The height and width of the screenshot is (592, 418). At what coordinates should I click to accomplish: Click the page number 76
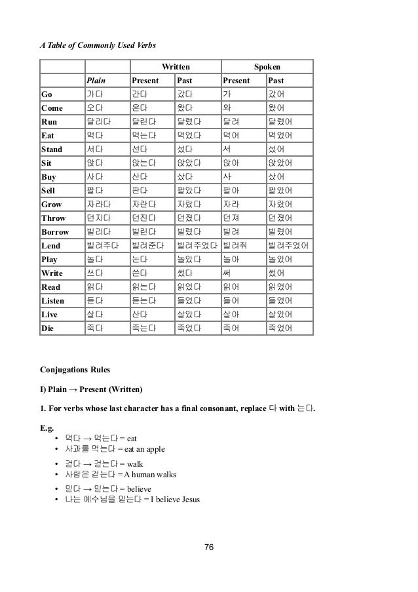click(x=210, y=548)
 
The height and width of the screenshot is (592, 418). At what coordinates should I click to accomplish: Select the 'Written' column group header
click(x=176, y=67)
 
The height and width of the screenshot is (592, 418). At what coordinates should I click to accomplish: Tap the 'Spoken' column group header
click(x=267, y=67)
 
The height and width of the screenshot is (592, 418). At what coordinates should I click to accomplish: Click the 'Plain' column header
click(x=96, y=81)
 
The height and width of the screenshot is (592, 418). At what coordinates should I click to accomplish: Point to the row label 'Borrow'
click(x=55, y=232)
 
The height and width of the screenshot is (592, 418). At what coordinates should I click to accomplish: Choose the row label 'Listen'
click(x=54, y=300)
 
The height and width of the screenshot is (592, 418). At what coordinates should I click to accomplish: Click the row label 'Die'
click(x=48, y=328)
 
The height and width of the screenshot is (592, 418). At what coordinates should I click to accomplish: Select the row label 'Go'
click(x=48, y=94)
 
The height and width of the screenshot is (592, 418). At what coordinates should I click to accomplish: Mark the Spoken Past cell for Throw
click(x=280, y=218)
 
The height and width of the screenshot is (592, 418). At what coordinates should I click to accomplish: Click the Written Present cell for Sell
click(x=141, y=191)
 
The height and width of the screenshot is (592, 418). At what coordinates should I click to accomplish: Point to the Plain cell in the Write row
click(x=96, y=273)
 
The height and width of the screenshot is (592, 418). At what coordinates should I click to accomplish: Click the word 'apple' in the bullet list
click(x=155, y=449)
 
